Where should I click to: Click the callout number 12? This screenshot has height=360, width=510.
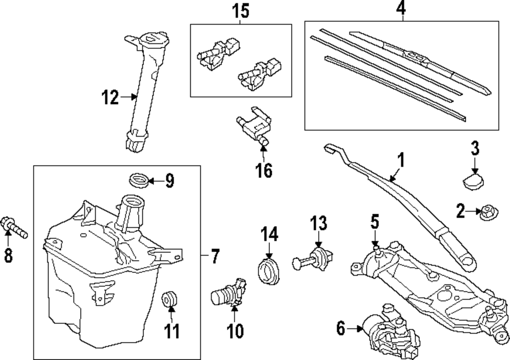click(x=110, y=96)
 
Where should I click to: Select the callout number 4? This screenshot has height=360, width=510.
click(x=402, y=9)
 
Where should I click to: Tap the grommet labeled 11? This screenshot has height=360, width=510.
click(x=169, y=300)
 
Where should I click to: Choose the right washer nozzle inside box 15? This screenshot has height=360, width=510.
click(x=258, y=72)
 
